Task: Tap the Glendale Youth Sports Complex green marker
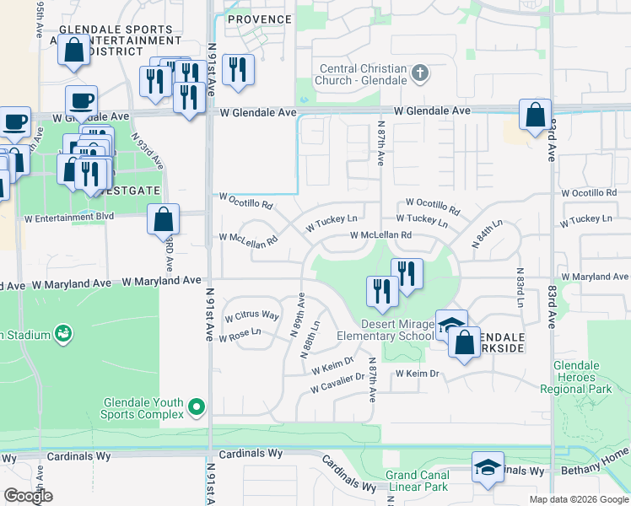click(x=197, y=408)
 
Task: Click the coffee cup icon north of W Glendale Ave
click(x=81, y=100)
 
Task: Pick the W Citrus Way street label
click(x=251, y=316)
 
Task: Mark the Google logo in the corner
click(x=28, y=496)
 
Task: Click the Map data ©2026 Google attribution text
click(x=578, y=499)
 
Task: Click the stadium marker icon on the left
click(x=62, y=335)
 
